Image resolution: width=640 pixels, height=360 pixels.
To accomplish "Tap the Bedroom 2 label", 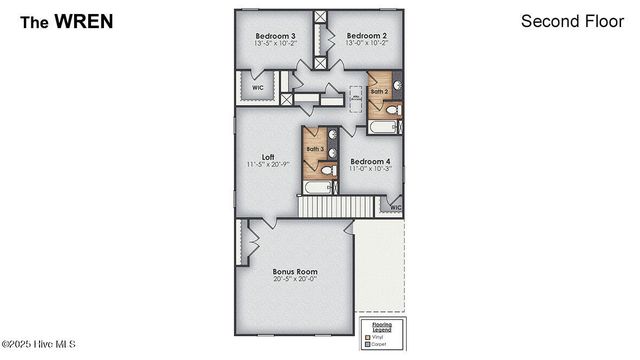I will [x=365, y=35].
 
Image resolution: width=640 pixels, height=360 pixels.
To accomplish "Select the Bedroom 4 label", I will [x=370, y=161].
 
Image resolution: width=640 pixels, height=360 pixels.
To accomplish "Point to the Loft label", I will [x=268, y=156].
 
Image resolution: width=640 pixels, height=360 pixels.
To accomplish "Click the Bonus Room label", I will [x=295, y=271].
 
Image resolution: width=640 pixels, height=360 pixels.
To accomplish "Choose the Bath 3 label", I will [x=315, y=149].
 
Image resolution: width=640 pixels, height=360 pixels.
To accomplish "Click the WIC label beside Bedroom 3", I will [x=257, y=87].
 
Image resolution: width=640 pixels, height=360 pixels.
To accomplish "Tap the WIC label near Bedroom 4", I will [x=395, y=208].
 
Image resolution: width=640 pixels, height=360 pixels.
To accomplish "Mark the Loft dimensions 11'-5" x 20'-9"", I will [x=268, y=164].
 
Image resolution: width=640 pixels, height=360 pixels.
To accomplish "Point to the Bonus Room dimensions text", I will [x=295, y=279].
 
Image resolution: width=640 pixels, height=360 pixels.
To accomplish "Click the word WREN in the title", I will [x=85, y=20].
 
